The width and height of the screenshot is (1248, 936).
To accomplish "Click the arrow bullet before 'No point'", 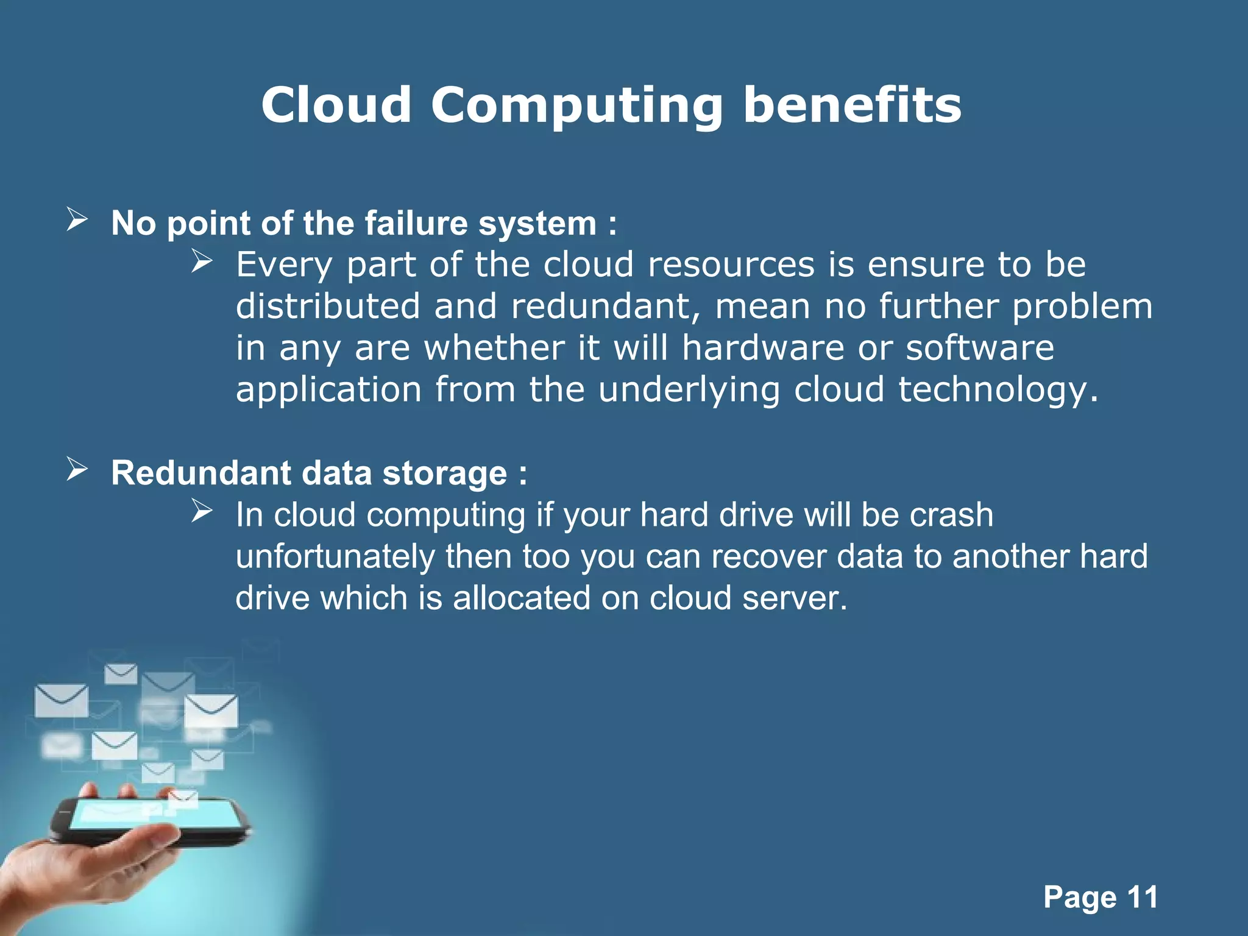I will tap(77, 219).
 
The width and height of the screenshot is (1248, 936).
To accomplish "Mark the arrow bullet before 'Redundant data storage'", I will tap(77, 469).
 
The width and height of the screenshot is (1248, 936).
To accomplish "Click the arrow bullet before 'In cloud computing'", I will tap(201, 511).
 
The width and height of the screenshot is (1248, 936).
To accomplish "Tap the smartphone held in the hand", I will tap(152, 820).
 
